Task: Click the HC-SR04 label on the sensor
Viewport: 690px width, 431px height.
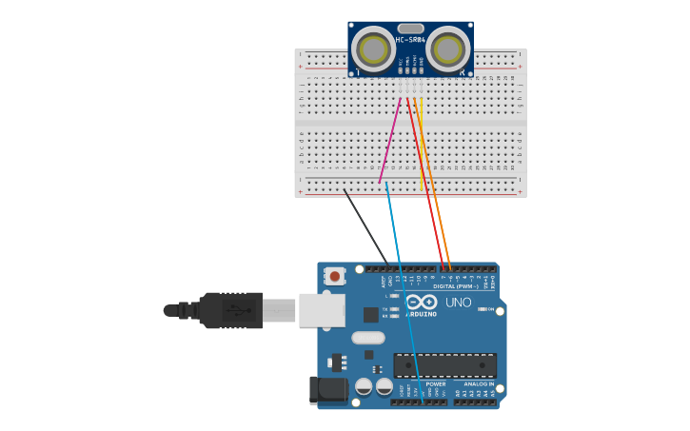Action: point(410,40)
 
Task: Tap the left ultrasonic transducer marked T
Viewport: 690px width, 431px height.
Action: point(373,49)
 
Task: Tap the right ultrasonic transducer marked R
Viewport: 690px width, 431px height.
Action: point(448,49)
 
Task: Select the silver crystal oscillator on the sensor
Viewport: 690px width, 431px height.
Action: point(410,29)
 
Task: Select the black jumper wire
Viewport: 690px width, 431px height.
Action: point(365,225)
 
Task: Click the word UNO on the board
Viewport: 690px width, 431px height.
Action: point(459,304)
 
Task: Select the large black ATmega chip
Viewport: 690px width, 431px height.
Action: point(444,365)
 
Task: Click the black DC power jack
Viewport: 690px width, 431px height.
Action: point(330,389)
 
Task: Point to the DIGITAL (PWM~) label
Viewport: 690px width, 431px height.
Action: point(456,285)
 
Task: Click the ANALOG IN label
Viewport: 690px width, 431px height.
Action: point(479,383)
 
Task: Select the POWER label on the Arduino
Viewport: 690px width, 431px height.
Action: point(435,383)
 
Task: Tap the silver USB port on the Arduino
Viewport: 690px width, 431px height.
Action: point(322,310)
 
